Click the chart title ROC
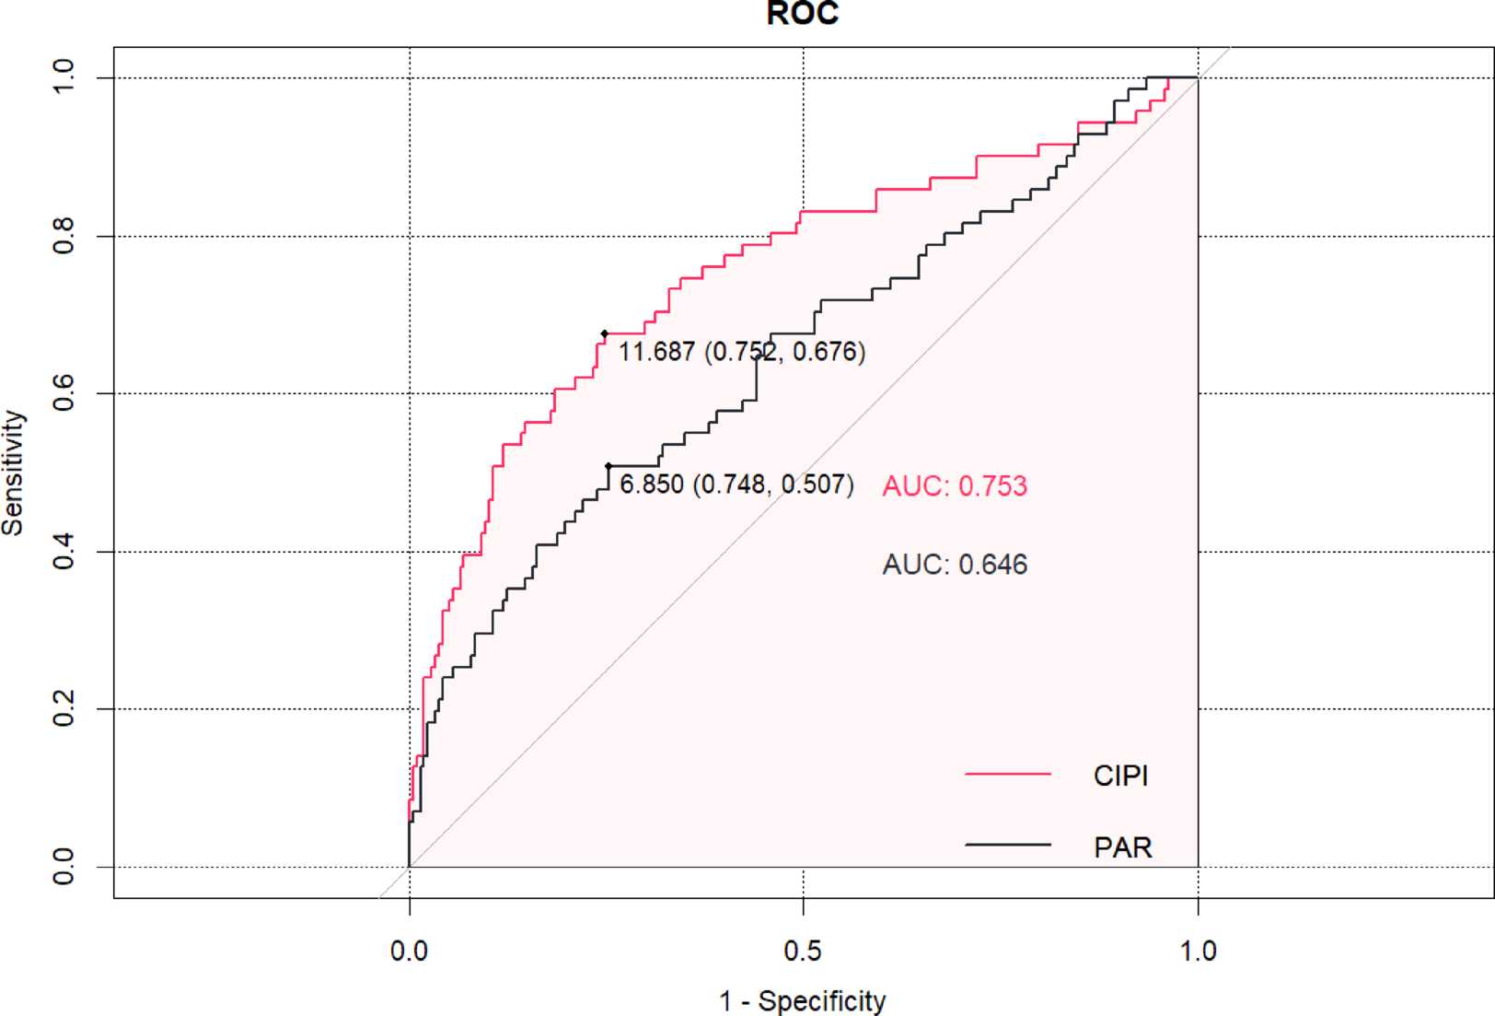(802, 13)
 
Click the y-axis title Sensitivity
(13, 473)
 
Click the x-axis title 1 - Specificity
(802, 1000)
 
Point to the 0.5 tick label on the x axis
(802, 951)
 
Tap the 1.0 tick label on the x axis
(1198, 951)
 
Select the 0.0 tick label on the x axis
(409, 951)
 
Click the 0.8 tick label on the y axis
(64, 236)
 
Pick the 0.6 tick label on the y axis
(64, 393)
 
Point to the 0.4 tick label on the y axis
(64, 552)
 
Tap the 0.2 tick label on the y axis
(64, 709)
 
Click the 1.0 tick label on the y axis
(64, 77)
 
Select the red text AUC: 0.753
(955, 486)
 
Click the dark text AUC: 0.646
(955, 565)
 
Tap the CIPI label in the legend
(1120, 776)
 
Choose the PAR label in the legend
(1122, 847)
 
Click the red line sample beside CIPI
(1007, 774)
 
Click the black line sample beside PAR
(1007, 845)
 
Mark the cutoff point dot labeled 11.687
(605, 333)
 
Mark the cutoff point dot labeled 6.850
(608, 466)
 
